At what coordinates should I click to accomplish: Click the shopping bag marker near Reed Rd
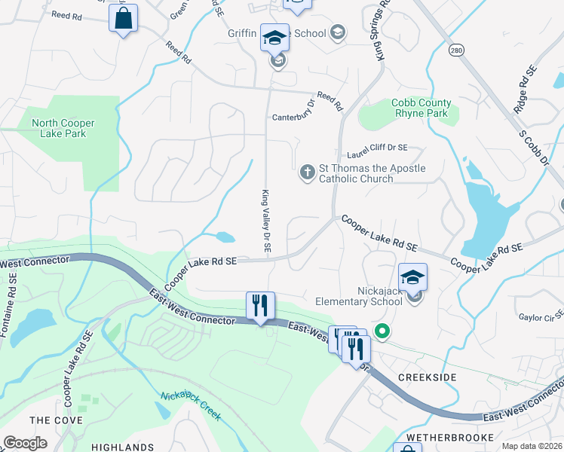(x=123, y=18)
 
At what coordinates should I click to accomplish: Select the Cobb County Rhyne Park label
(x=421, y=108)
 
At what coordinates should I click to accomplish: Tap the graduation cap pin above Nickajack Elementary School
(x=412, y=277)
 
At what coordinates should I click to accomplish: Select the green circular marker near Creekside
(x=382, y=330)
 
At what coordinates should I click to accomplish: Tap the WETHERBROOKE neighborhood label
(x=449, y=437)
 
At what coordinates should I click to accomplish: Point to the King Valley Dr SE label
(x=266, y=220)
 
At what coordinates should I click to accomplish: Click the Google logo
(x=25, y=443)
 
